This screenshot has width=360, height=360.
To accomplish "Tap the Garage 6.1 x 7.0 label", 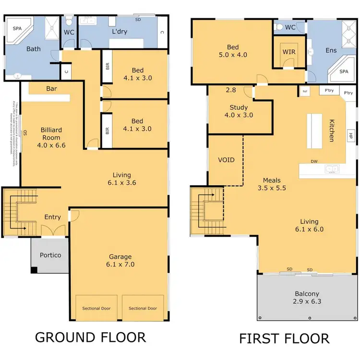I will pos(120,260).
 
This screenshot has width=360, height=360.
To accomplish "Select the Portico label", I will pos(50,255).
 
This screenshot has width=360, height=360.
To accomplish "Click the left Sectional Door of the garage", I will pos(96,308).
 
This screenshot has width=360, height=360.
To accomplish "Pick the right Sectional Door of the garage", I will pos(143,308).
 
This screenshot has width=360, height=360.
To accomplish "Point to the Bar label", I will pos(52,88).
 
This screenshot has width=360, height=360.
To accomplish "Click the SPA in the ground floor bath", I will pos(16,28).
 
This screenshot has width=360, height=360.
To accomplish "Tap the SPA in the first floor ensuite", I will pos(344,71).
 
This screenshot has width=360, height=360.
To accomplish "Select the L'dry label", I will pos(119,31).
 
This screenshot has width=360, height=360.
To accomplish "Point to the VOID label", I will pos(226,159).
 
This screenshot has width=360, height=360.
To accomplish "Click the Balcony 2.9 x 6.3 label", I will pos(307,298).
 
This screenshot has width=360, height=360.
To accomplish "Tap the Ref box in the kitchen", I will pos(304,91).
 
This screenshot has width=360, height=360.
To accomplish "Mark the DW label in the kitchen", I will pos(314,161).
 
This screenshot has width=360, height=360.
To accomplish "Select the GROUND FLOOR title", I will pos(90,337).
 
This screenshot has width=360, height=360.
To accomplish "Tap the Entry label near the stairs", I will pos(53,217).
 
